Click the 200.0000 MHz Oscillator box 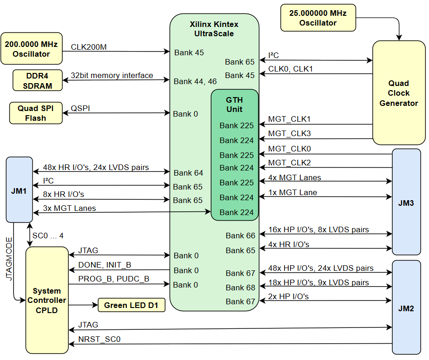(31, 49)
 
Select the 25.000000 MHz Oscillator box (318, 18)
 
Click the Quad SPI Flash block (36, 113)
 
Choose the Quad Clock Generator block (398, 93)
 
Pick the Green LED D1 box (131, 305)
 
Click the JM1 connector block (19, 190)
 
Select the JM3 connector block (406, 203)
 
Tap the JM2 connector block (406, 308)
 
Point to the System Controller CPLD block (46, 300)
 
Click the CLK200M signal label (89, 47)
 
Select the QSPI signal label (80, 108)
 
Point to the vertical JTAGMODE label (9, 258)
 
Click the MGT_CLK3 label (289, 134)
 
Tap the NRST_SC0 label (99, 339)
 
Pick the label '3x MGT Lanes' (69, 208)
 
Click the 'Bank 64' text (188, 173)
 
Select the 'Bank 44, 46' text (195, 81)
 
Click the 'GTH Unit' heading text (234, 105)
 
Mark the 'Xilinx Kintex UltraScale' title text (214, 29)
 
